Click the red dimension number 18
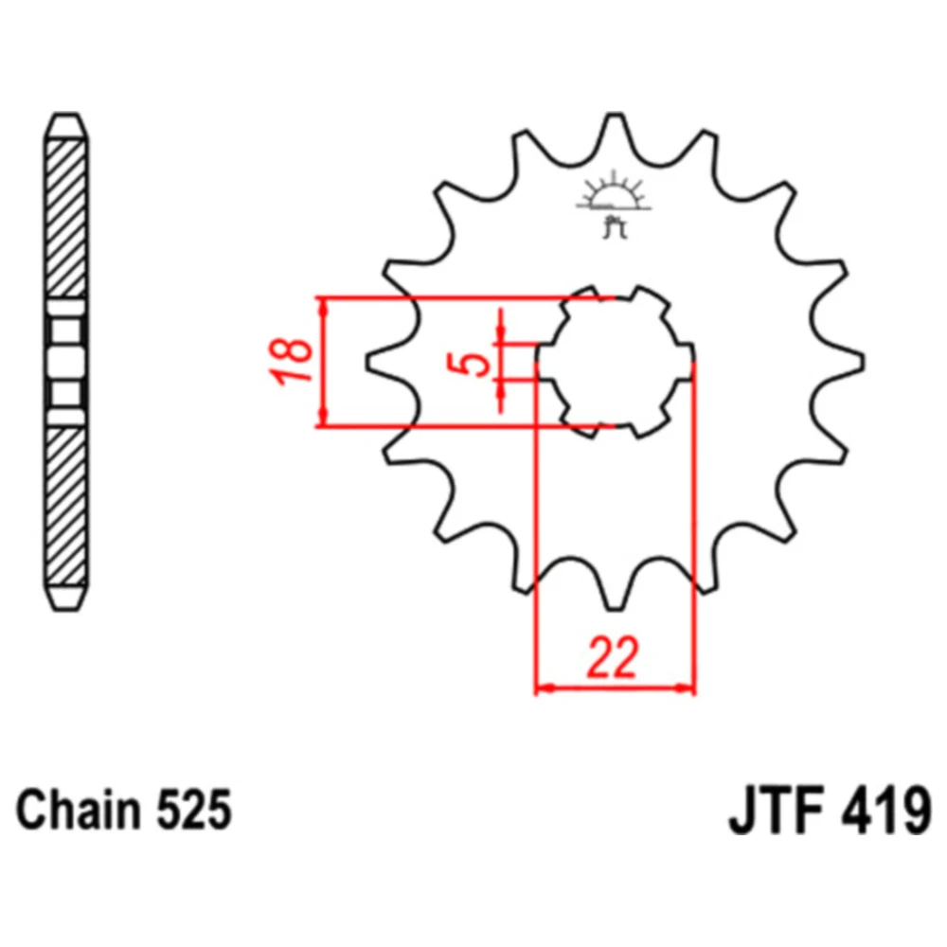point(292,362)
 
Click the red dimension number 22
point(612,656)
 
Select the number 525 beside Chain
point(194,810)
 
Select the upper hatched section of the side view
point(66,219)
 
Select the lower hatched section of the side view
point(66,506)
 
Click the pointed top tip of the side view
point(66,115)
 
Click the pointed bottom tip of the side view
point(66,610)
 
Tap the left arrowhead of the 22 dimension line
point(544,688)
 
